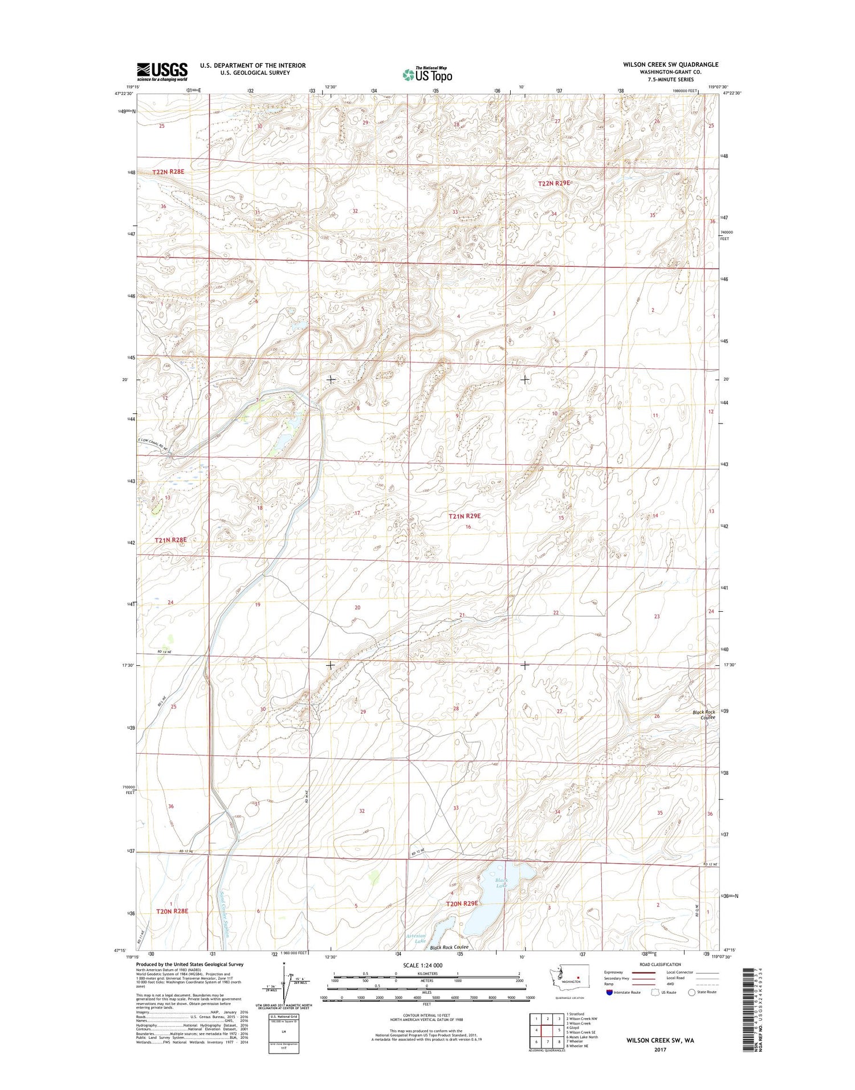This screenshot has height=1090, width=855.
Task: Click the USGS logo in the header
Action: coord(162,71)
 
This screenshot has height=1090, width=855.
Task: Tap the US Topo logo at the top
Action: coord(427,74)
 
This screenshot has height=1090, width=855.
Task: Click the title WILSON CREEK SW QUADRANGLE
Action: coord(670,64)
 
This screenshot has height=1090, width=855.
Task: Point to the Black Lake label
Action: coord(502,882)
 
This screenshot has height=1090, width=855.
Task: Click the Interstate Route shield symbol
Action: coord(609,993)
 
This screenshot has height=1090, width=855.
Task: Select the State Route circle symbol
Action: coord(692,993)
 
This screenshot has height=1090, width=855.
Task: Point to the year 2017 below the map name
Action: coord(660,1050)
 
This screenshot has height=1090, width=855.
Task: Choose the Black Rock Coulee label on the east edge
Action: coord(703,715)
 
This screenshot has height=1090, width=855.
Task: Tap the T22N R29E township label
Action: coord(554,184)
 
